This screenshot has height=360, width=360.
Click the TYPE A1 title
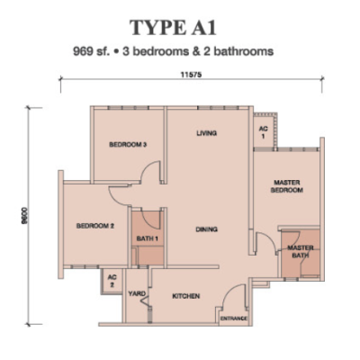[173, 28]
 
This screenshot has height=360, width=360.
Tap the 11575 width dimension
[191, 75]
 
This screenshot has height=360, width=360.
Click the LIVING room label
[207, 133]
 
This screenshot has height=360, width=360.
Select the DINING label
[207, 229]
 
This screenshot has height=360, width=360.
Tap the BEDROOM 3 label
[128, 145]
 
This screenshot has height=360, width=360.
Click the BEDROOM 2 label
[95, 226]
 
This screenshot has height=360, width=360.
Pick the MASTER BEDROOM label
[287, 186]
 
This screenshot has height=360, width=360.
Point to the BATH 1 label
[148, 238]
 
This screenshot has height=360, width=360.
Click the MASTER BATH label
[299, 252]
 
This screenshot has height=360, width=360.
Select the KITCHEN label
[186, 296]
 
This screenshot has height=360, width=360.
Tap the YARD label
[137, 293]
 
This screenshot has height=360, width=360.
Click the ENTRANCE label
[234, 319]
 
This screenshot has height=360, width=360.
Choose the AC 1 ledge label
[264, 132]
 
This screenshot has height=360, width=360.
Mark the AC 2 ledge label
[112, 281]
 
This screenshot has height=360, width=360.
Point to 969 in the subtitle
[82, 51]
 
